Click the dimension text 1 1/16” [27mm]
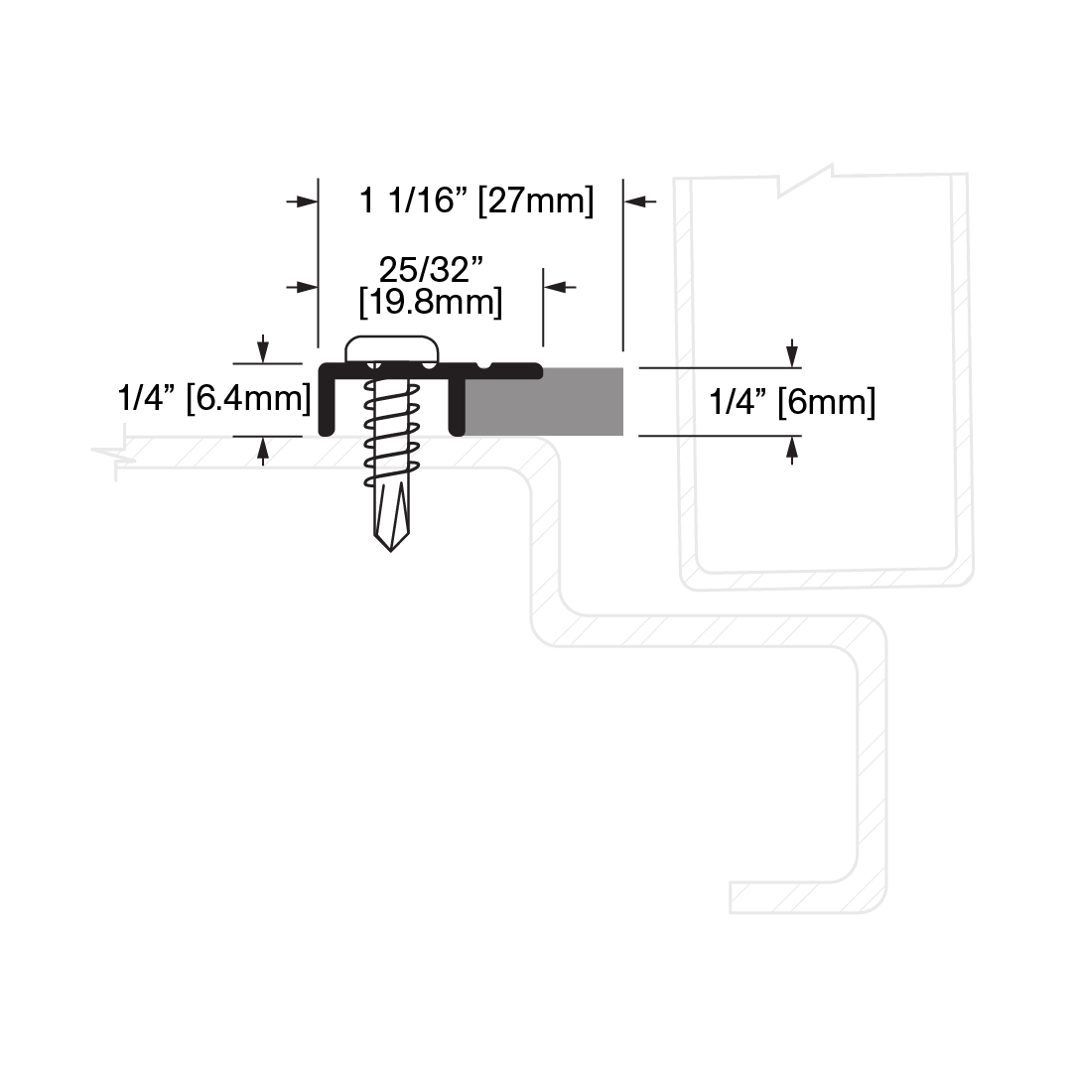(x=476, y=201)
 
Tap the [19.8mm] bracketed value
(x=431, y=302)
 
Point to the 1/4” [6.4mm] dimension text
(x=214, y=398)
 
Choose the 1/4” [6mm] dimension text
(x=792, y=402)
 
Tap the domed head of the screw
(x=391, y=349)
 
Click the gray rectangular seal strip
(x=544, y=402)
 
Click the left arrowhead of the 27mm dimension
(x=303, y=201)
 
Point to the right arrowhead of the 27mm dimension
(x=640, y=201)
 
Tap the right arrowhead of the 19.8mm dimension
(x=560, y=287)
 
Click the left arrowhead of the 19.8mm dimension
(x=303, y=287)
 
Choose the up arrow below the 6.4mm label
(x=263, y=452)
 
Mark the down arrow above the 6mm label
(x=792, y=353)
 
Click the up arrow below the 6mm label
(x=792, y=451)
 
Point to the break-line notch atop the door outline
(x=805, y=180)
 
